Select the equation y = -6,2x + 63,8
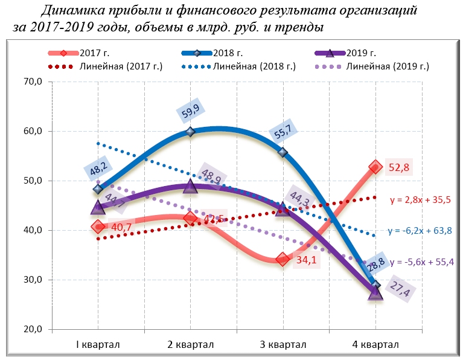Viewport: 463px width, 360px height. click(420, 230)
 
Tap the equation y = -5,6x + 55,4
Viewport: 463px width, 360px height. click(422, 262)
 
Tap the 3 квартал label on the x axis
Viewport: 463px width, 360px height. click(283, 345)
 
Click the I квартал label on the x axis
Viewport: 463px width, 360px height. click(98, 345)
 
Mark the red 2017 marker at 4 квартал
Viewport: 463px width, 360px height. click(375, 167)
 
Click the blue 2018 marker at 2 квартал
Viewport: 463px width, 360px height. click(191, 132)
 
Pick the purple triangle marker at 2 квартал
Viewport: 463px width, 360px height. click(191, 186)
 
